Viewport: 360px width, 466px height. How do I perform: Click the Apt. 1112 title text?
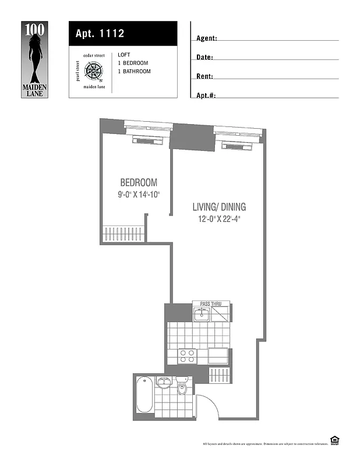pos(100,33)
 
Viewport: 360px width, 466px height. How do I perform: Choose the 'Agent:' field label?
pos(206,38)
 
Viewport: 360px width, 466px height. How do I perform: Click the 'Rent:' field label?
pos(204,76)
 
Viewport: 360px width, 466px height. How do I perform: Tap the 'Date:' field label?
pos(204,58)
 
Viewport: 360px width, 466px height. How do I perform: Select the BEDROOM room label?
pos(138,182)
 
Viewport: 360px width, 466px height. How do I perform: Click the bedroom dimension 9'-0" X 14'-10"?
pos(138,195)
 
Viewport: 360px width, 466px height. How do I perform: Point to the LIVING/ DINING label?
pos(219,207)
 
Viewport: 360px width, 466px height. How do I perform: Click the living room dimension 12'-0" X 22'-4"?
pos(219,220)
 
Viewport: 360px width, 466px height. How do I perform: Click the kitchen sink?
pos(201,315)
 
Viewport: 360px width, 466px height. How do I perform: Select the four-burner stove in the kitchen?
pos(187,356)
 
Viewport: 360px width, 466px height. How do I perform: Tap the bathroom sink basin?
pos(164,383)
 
